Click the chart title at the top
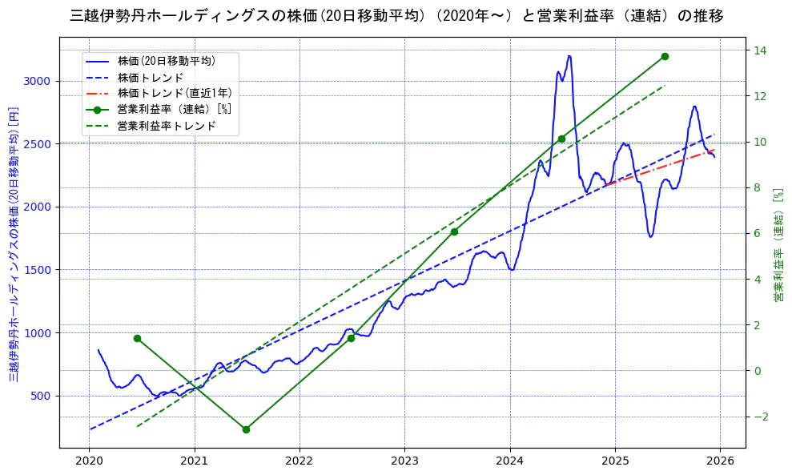396,16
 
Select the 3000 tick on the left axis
38,81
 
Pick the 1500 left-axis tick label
38,270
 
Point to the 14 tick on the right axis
759,50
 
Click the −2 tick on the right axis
759,417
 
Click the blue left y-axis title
14,244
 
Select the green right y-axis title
777,245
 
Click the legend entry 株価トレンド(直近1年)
175,93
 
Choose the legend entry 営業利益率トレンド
167,126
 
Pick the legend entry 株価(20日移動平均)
166,60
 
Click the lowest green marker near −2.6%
246,429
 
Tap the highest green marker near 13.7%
665,56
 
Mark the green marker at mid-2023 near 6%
454,231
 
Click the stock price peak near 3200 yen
569,56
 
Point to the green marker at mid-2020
137,338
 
